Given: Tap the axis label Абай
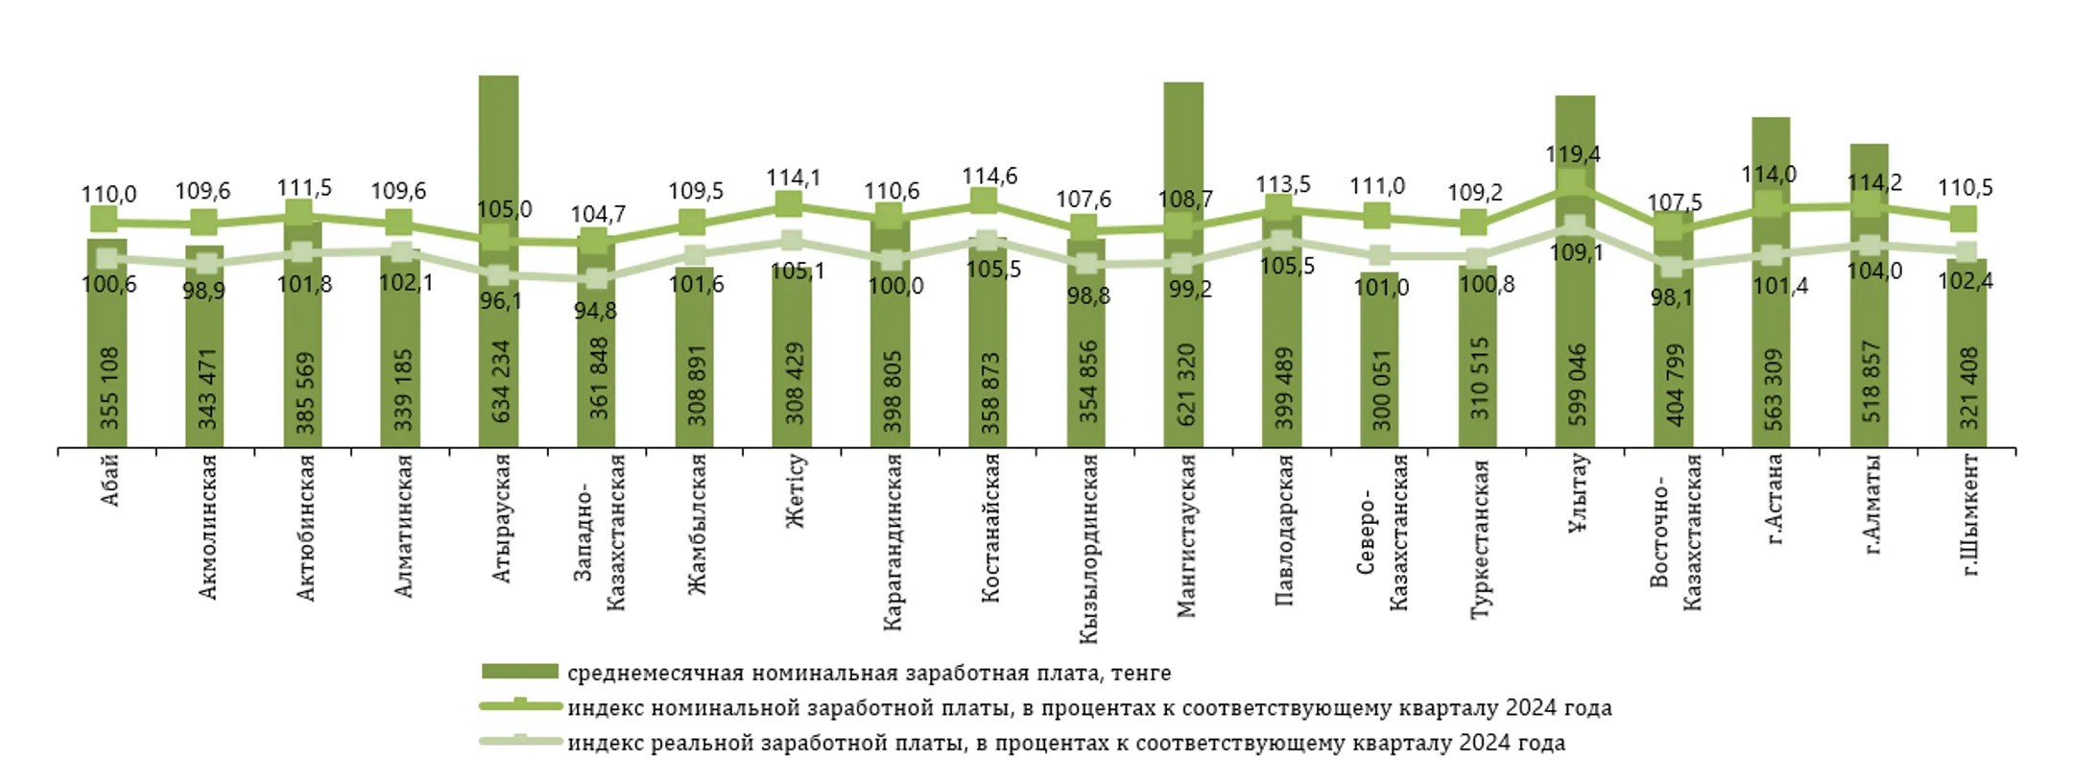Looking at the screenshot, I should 109,481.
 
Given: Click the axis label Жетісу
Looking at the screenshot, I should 795,491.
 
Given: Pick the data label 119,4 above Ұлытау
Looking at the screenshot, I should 1573,154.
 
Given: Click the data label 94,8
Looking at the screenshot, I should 595,311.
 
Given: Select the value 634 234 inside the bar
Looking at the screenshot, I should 501,382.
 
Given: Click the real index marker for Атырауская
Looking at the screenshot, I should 497,275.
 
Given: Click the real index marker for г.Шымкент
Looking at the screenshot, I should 1966,251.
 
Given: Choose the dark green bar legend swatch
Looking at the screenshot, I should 519,672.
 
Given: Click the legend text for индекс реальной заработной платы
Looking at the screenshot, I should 1065,743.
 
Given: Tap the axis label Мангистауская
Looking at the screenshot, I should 1186,535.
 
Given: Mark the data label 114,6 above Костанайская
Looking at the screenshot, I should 989,177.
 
